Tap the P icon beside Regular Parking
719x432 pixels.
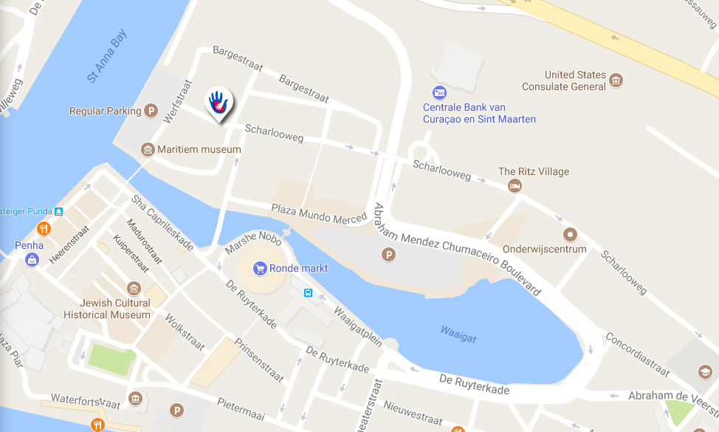(151, 111)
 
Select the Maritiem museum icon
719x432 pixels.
(148, 150)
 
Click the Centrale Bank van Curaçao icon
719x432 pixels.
(439, 93)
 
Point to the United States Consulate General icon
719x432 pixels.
(616, 80)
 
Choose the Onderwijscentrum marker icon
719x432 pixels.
(570, 235)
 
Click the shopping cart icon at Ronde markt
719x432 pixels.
(259, 268)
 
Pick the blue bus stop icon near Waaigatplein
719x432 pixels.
(308, 292)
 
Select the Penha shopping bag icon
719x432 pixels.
(32, 259)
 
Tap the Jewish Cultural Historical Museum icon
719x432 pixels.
(134, 288)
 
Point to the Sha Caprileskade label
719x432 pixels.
(162, 222)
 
